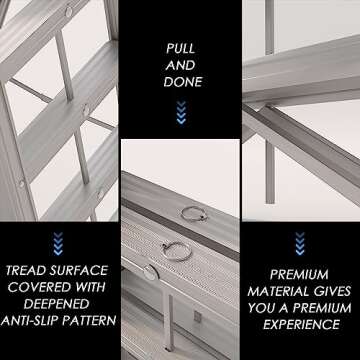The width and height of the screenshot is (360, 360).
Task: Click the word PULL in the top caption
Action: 180,46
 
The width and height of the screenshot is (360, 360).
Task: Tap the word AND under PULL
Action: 180,64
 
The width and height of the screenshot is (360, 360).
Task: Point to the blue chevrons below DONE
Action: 180,114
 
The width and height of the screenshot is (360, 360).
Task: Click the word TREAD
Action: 31,270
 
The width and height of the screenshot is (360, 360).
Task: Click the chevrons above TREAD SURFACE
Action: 58,241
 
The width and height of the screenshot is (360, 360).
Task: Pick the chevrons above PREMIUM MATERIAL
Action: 300,241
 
